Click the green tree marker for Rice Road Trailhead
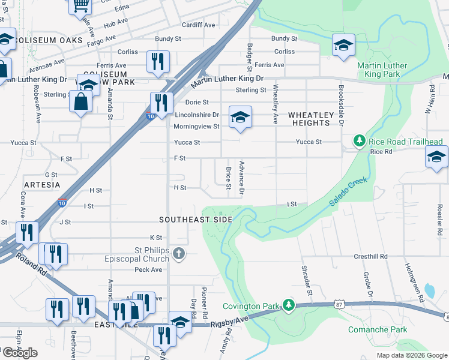[359, 141]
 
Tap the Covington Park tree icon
[289, 305]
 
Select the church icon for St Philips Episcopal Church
[178, 254]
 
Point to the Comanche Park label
[378, 329]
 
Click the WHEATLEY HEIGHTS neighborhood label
[310, 119]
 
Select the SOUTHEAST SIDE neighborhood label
[195, 220]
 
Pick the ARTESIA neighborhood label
[42, 184]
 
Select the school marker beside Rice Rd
[436, 158]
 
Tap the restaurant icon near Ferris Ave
[158, 61]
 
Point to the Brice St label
[228, 177]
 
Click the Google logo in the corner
[20, 353]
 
